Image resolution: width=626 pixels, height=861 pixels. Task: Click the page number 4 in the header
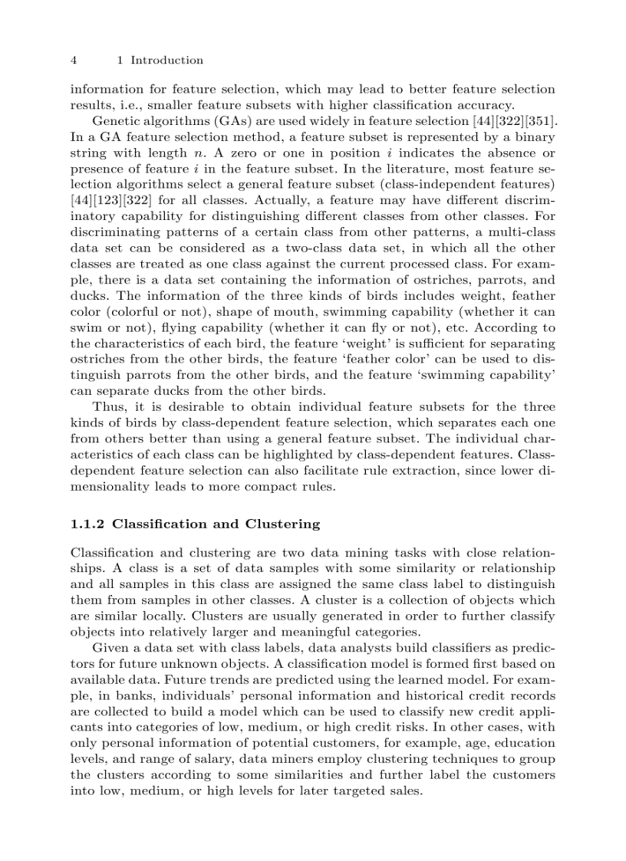pyautogui.click(x=73, y=60)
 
